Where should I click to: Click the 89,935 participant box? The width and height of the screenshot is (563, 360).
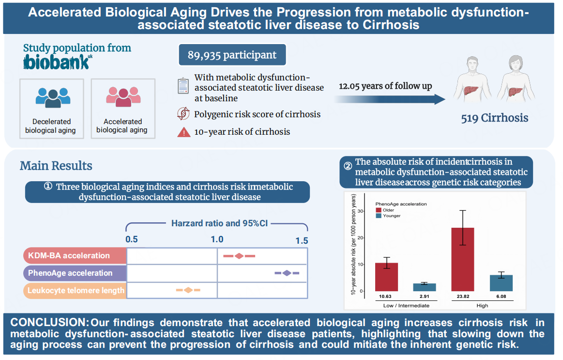point(232,54)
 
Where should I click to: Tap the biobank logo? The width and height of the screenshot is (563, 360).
point(57,62)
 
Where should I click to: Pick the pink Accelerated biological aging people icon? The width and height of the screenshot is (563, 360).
point(122,97)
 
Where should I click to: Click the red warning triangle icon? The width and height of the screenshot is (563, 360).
point(184,131)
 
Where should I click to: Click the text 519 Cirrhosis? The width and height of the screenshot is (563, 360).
point(494,118)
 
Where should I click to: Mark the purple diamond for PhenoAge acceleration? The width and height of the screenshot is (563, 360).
point(287,273)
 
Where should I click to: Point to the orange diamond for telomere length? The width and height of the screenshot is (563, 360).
point(188,290)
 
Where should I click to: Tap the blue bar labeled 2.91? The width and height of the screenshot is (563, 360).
point(425,287)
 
